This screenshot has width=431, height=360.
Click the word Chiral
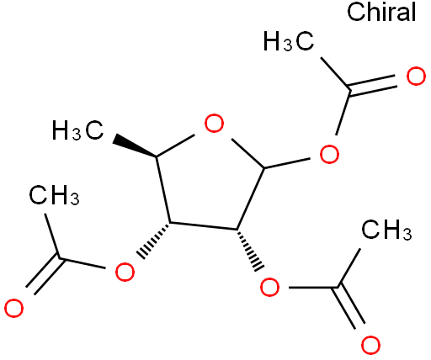click(x=381, y=12)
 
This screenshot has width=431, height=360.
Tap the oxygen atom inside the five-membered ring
click(x=214, y=123)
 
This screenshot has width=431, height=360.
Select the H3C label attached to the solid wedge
click(x=77, y=130)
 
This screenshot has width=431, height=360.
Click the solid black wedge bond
click(x=135, y=146)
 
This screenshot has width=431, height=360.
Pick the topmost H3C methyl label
click(x=289, y=41)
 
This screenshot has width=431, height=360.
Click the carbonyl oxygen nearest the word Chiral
click(x=416, y=76)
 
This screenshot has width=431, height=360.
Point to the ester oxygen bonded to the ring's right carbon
click(x=329, y=154)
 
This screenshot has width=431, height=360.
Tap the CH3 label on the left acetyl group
click(x=54, y=194)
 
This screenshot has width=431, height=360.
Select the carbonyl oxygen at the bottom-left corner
click(x=13, y=309)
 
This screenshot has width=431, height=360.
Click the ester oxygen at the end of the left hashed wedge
click(x=125, y=272)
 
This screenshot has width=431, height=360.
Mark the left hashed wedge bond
click(x=154, y=241)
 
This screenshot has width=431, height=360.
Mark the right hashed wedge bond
click(x=249, y=250)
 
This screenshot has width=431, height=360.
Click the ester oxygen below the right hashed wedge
click(x=270, y=287)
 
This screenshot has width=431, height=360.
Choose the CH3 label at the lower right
click(x=386, y=230)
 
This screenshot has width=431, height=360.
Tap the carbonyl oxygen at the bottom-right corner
click(x=370, y=345)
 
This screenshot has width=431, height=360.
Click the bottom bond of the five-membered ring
click(x=204, y=226)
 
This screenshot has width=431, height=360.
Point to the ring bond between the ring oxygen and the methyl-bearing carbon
click(x=175, y=146)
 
